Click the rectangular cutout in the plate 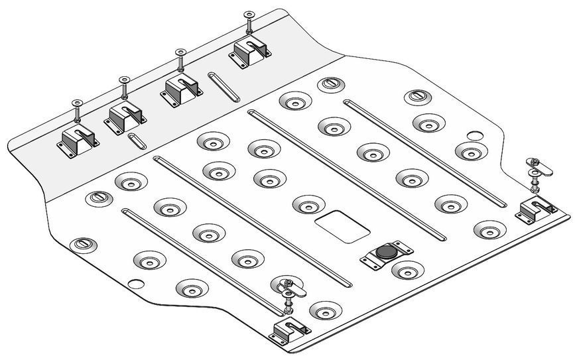click(343, 226)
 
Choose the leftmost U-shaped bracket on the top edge click(78, 140)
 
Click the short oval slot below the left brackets click(137, 141)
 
